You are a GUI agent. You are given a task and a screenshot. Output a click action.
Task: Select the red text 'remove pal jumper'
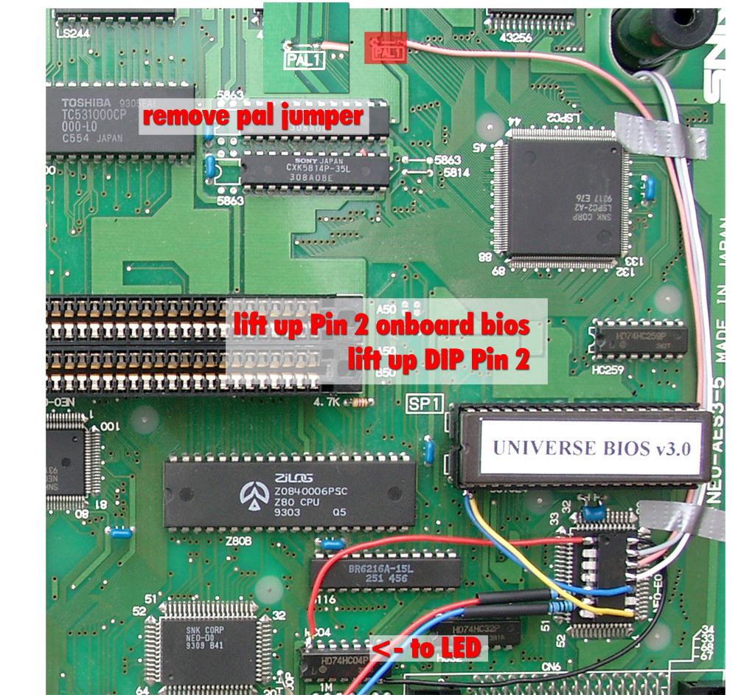click(x=253, y=117)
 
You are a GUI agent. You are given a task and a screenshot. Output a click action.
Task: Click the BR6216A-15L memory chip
click(x=386, y=573)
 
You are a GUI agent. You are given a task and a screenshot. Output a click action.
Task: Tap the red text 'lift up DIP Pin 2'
click(x=439, y=360)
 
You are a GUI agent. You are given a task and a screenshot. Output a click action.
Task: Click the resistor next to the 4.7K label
click(x=361, y=403)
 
